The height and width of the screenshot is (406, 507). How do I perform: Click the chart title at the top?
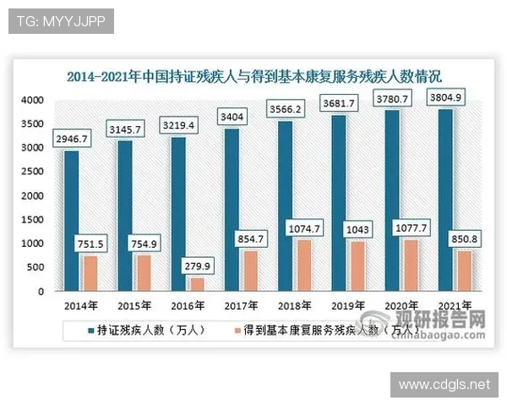tap(253, 77)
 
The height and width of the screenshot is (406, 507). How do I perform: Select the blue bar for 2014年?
tap(71, 221)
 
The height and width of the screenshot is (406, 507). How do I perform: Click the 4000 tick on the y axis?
tap(32, 100)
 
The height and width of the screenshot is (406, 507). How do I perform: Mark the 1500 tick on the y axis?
tap(32, 219)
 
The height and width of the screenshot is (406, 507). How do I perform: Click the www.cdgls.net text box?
tap(444, 385)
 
